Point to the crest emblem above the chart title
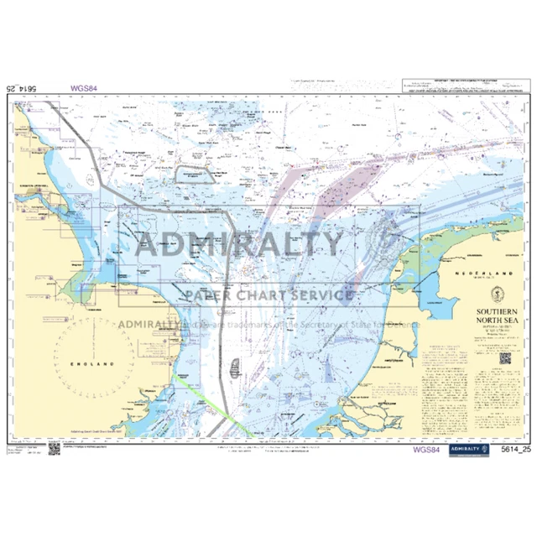[492, 293]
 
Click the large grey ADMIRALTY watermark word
[239, 243]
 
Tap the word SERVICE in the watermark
[321, 295]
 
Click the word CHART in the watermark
[263, 295]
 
